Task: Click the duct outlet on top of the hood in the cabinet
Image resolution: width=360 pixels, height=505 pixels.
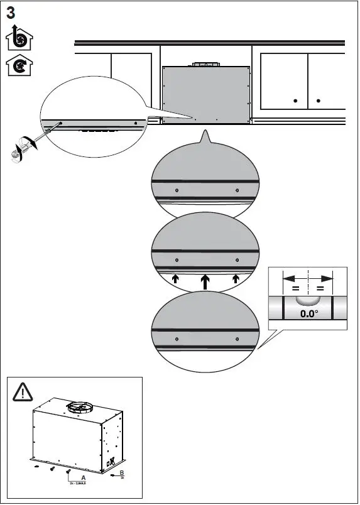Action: click(x=205, y=63)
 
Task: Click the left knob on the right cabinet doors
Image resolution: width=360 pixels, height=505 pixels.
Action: click(x=295, y=100)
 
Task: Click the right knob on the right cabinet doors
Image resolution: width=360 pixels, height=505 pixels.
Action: click(x=319, y=100)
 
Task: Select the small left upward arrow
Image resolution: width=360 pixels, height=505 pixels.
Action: click(x=176, y=278)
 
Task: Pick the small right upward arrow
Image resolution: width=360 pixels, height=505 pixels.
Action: click(x=236, y=278)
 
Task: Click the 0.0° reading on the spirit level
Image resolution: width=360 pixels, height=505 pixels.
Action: click(x=308, y=313)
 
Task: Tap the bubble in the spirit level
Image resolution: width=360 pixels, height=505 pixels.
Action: click(x=308, y=300)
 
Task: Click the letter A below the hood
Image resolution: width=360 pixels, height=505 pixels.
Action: click(x=83, y=478)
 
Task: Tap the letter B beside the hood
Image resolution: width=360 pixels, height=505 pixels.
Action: click(x=122, y=472)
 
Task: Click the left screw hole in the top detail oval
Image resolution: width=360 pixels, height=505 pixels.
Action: click(x=177, y=190)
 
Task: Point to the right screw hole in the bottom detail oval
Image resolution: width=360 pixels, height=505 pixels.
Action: click(x=237, y=339)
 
